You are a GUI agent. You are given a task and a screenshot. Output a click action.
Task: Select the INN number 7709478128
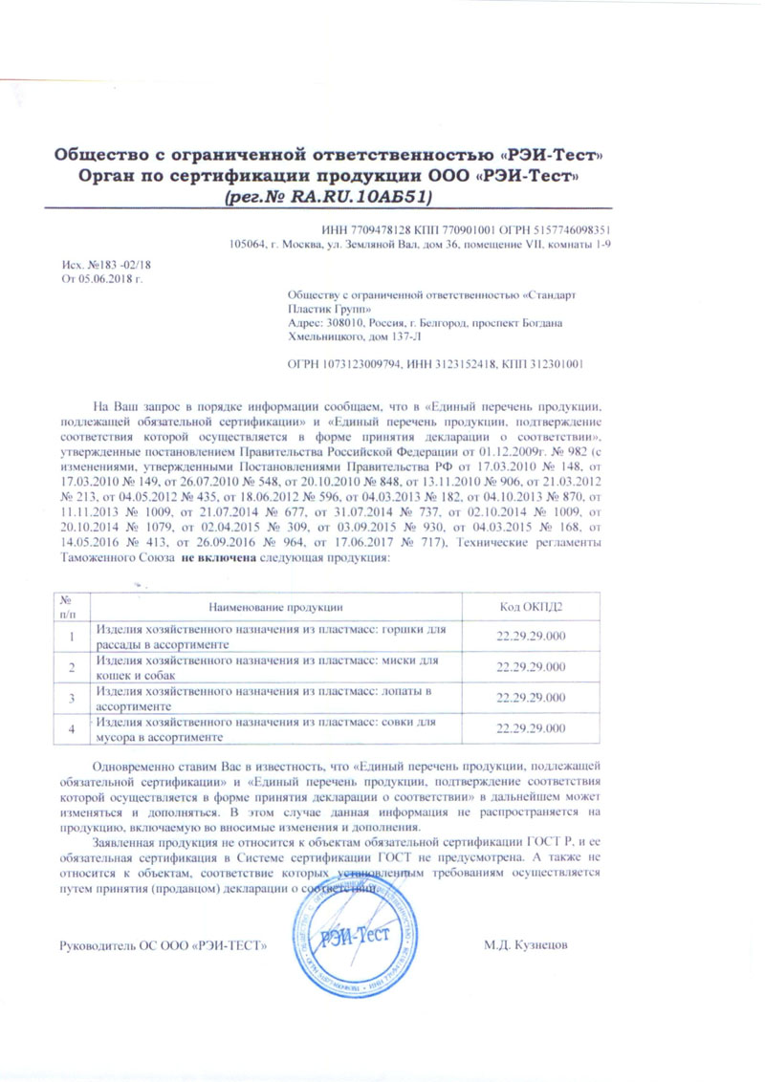click(384, 228)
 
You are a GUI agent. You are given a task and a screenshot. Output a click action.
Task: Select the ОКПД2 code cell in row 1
click(532, 638)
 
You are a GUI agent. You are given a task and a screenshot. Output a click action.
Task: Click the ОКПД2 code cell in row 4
click(532, 729)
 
